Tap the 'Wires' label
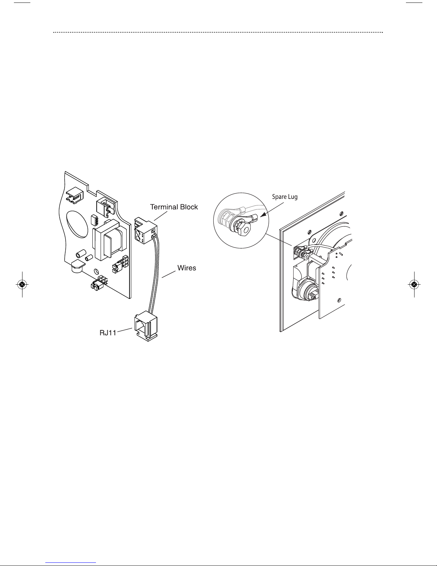187,268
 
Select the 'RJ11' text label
108,334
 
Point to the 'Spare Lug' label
284,197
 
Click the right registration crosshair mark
414,285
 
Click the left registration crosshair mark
22,285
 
